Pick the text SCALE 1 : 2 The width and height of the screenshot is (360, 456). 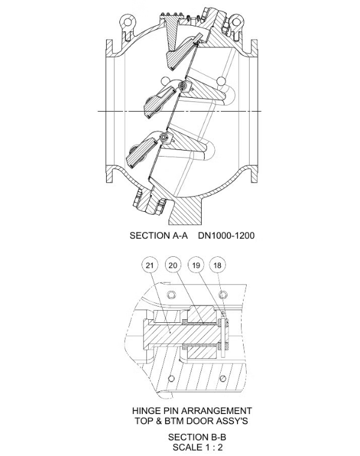[192, 447]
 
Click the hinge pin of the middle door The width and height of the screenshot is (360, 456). [181, 88]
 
